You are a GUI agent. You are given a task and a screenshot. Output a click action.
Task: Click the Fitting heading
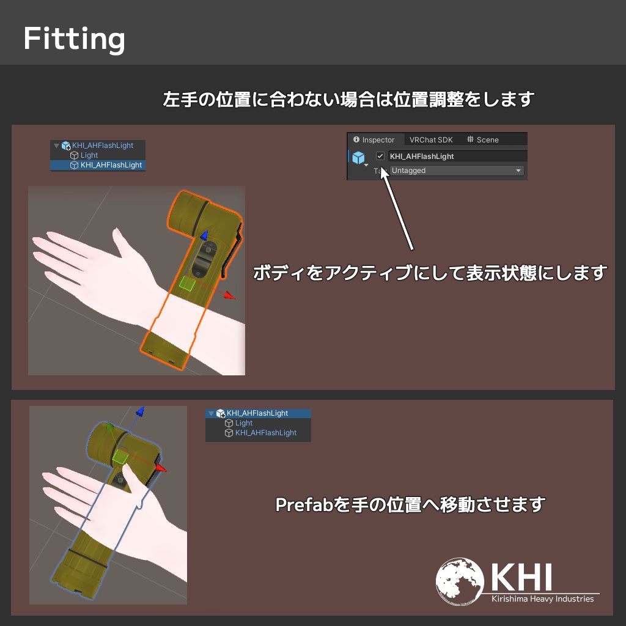point(74,39)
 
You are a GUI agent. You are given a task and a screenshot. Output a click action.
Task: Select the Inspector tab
point(374,140)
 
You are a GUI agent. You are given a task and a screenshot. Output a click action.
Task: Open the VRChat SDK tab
point(431,140)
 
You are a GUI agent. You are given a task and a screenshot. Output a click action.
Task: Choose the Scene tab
point(483,140)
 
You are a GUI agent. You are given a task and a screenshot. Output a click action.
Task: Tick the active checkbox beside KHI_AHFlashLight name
point(380,156)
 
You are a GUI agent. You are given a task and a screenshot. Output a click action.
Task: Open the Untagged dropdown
point(457,171)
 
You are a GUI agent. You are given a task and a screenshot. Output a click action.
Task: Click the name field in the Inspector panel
point(457,156)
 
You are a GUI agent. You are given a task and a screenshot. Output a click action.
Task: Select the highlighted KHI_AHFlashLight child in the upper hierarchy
point(111,165)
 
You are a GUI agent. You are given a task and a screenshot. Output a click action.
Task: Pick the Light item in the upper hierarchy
point(89,155)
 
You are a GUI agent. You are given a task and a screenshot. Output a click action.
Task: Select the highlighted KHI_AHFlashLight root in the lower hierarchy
point(257,413)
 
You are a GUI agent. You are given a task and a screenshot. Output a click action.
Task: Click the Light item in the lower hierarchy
point(243,423)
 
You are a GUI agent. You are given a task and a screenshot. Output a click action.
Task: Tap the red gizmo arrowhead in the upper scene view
point(230,295)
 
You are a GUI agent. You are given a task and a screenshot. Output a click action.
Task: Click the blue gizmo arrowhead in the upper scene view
point(204,235)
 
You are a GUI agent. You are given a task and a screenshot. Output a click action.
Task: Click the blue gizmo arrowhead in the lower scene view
point(140,411)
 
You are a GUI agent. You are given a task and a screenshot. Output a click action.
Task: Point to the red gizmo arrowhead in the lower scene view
point(161,468)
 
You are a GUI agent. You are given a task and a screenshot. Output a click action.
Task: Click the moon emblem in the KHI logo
point(460,581)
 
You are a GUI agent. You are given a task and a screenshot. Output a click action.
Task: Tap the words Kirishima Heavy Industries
point(543,599)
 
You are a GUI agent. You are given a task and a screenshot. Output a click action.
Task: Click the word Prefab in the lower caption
point(304,504)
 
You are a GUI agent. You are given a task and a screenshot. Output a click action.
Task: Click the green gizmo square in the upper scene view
point(187,283)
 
